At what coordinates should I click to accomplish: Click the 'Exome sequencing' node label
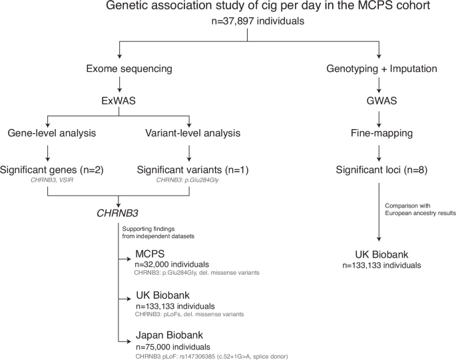119,68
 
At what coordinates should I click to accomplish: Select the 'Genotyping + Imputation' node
379,68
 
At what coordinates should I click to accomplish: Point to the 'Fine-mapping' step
379,133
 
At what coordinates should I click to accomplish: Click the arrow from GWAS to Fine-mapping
379,117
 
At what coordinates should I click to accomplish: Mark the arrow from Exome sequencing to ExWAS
119,85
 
